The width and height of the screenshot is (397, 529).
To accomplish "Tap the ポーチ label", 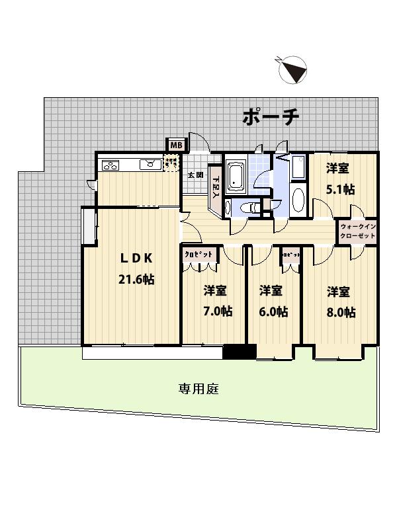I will point(271,118).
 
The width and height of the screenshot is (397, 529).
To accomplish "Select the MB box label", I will point(175,145).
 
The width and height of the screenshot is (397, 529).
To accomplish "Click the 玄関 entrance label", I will point(195,175).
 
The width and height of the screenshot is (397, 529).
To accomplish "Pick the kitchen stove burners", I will point(110,165).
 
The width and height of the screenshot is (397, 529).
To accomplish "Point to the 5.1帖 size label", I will point(340,189).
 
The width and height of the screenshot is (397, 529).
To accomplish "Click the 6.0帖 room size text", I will point(273,311).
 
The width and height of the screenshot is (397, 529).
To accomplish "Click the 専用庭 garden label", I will point(198,389).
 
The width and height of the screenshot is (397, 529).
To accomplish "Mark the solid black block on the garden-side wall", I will point(239,352).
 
